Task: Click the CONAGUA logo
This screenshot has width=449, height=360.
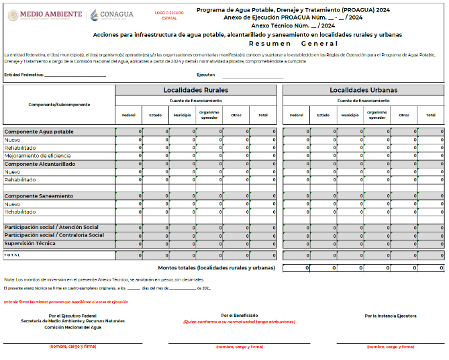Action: click(113, 14)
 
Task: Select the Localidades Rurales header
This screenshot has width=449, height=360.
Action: click(195, 90)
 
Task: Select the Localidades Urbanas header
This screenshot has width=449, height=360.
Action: click(363, 90)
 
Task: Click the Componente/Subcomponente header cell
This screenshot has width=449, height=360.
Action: click(59, 104)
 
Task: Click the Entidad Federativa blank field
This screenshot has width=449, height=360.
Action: click(74, 75)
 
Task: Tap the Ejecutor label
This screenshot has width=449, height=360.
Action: click(205, 75)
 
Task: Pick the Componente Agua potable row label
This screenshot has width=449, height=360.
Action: click(39, 132)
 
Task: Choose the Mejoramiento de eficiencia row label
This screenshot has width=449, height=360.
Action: click(38, 156)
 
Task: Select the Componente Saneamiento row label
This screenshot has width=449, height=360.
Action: click(38, 195)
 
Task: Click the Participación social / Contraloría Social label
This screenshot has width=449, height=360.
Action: click(54, 235)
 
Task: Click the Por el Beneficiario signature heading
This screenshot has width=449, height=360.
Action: click(240, 315)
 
